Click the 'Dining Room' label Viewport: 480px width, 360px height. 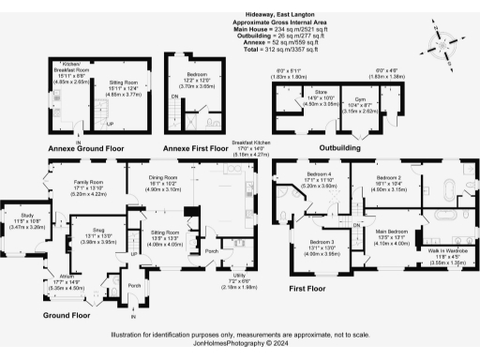tap(170, 183)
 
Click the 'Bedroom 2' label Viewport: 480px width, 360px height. tap(389, 176)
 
